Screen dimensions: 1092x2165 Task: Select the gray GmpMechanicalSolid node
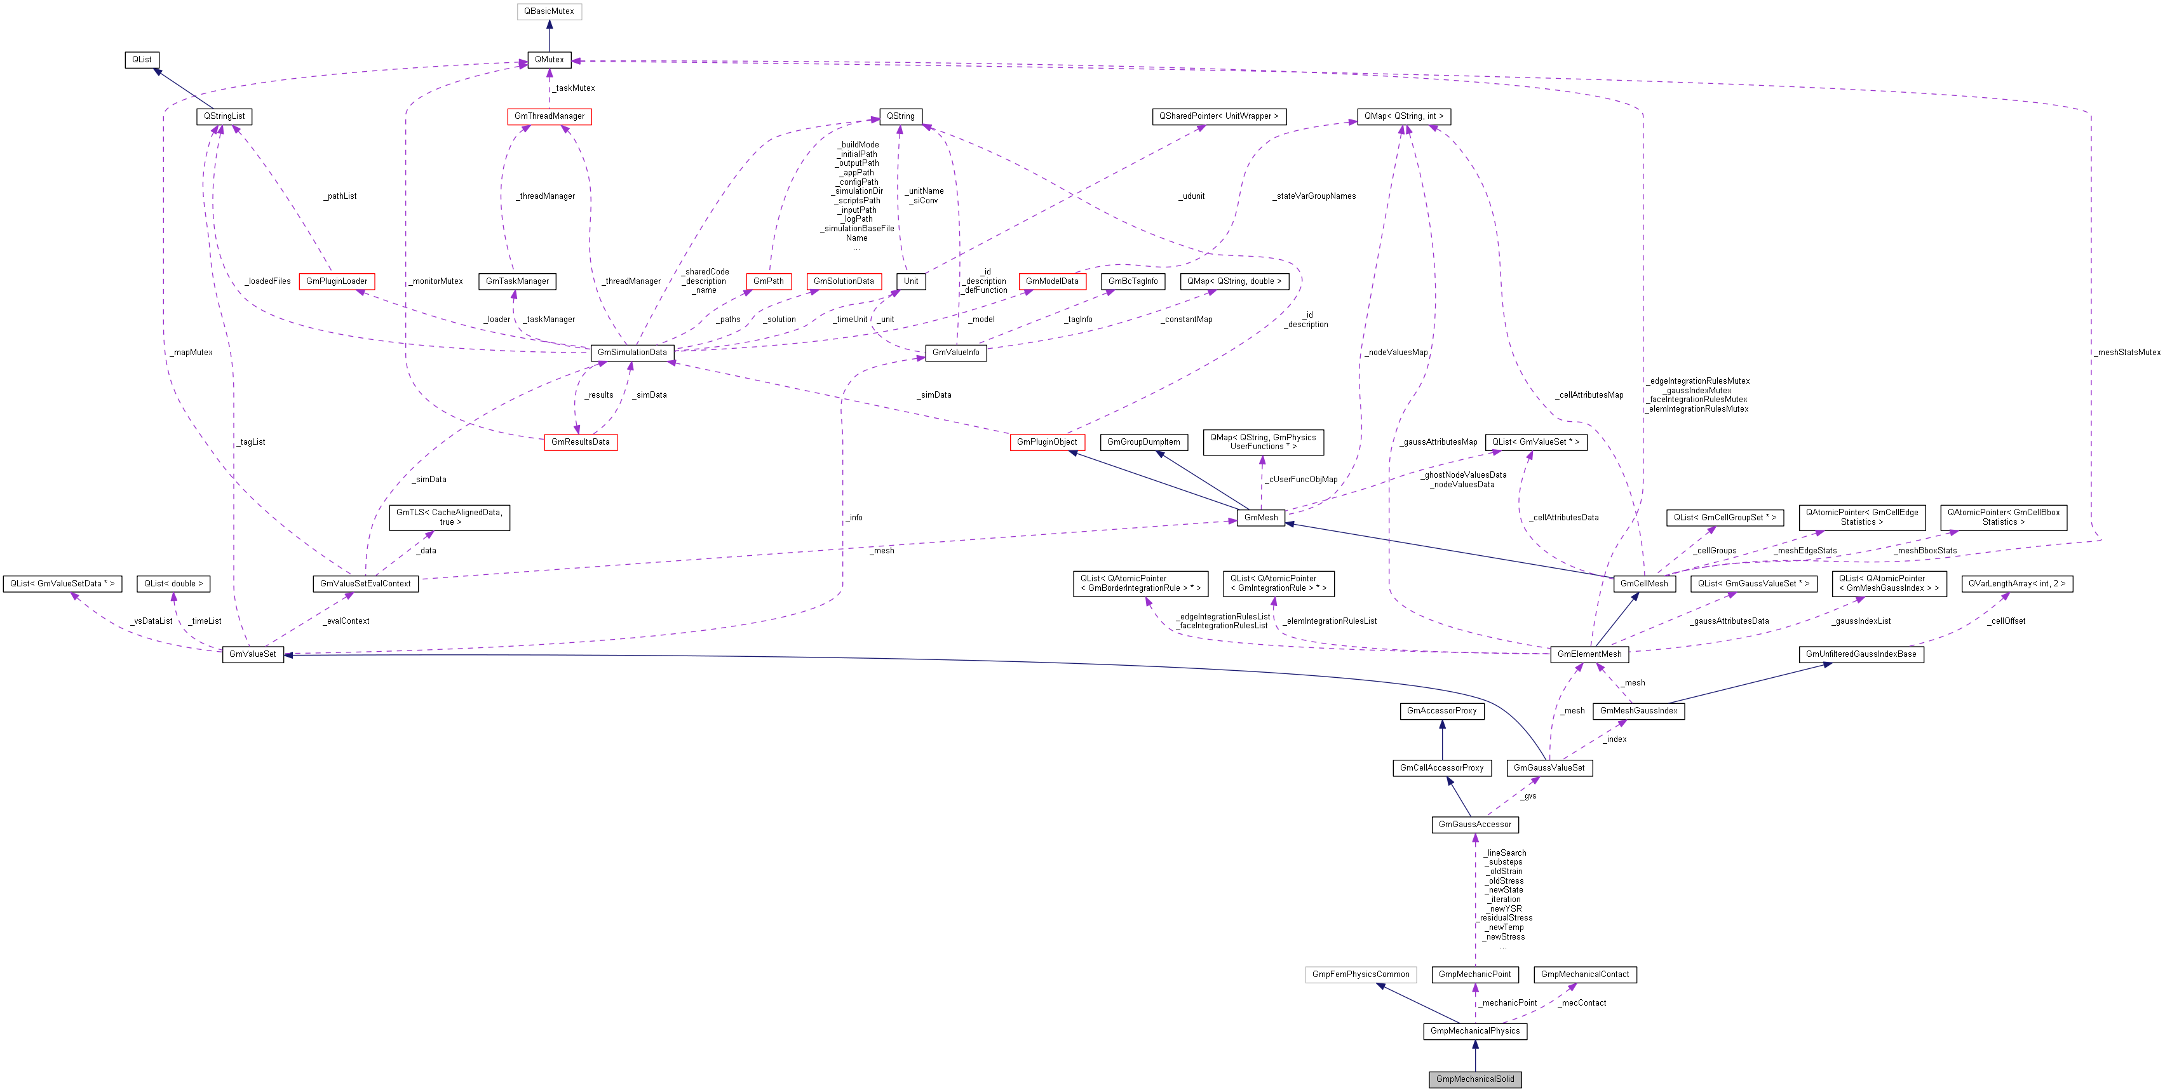[1474, 1079]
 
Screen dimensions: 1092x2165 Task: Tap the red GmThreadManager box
[549, 116]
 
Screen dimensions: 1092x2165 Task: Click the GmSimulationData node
[631, 352]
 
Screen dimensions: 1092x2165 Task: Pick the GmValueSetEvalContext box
[365, 583]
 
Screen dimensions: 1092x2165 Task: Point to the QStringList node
[224, 116]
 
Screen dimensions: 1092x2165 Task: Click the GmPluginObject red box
[1046, 442]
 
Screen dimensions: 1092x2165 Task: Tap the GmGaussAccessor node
[1474, 825]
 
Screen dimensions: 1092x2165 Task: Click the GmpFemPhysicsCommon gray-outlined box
[1360, 974]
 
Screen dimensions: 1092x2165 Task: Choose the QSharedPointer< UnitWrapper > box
[1218, 116]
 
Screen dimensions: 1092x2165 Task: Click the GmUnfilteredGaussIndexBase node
[1861, 654]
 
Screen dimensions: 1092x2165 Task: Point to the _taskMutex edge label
[575, 88]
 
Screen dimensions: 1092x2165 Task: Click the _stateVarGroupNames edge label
[1314, 196]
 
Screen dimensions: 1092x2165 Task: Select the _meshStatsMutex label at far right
[2127, 352]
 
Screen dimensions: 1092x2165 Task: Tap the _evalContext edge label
[346, 621]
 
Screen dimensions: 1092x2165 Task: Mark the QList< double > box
[173, 583]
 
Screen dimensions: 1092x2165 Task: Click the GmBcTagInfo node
[1132, 281]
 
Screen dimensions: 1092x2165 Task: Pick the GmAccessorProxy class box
[1441, 711]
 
